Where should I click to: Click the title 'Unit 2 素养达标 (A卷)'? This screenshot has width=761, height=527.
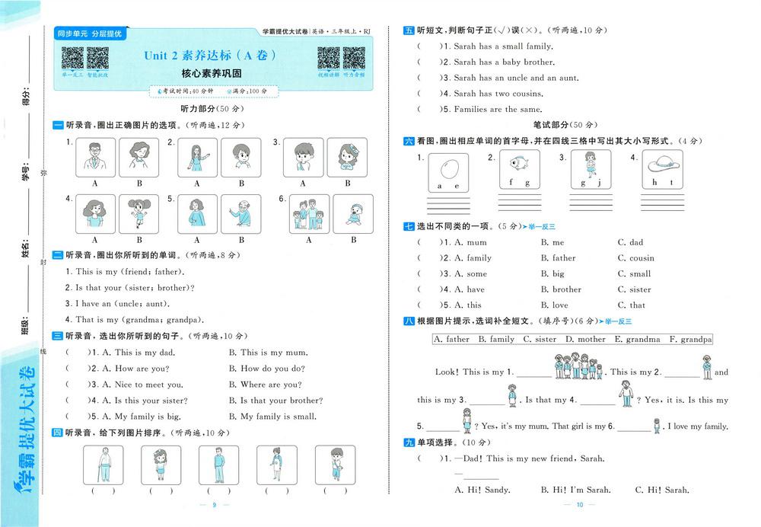[x=210, y=56]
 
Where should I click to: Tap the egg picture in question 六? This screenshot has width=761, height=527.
[x=447, y=168]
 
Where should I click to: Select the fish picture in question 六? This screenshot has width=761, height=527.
[x=519, y=163]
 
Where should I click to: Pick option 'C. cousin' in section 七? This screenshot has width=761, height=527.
[x=636, y=258]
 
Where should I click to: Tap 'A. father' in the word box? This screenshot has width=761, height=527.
[x=451, y=340]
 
